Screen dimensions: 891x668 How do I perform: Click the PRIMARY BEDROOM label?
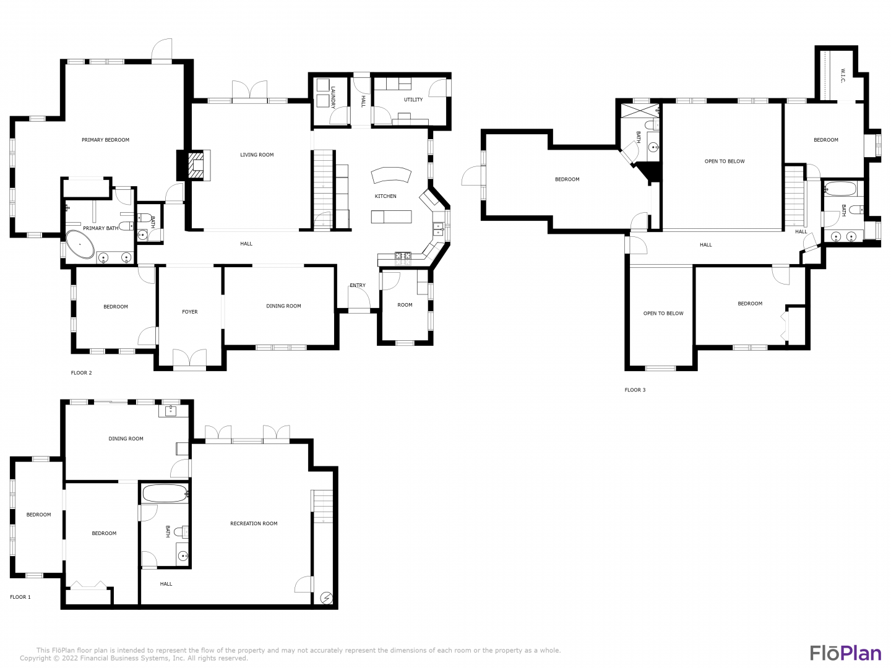[106, 140]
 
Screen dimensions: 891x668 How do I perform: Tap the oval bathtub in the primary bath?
[80, 245]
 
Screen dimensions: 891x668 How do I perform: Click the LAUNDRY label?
[334, 97]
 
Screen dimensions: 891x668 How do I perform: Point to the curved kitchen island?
[391, 174]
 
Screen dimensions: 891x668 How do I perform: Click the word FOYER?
[190, 312]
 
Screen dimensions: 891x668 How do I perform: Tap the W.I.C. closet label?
[843, 76]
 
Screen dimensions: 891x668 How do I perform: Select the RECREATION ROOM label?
[254, 524]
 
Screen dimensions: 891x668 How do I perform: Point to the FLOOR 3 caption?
[635, 390]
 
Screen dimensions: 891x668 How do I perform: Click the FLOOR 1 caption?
[20, 597]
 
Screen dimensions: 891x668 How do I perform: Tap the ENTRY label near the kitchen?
[358, 286]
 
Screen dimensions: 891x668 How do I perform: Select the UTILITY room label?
[413, 100]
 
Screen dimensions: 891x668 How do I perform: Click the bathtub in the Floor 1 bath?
[165, 494]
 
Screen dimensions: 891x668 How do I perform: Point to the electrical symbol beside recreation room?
[326, 598]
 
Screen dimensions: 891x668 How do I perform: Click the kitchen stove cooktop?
[403, 256]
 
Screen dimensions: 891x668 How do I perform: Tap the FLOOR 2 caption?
[81, 373]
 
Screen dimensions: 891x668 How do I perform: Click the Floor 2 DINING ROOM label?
[284, 306]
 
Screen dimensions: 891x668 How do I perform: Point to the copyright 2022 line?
[134, 658]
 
